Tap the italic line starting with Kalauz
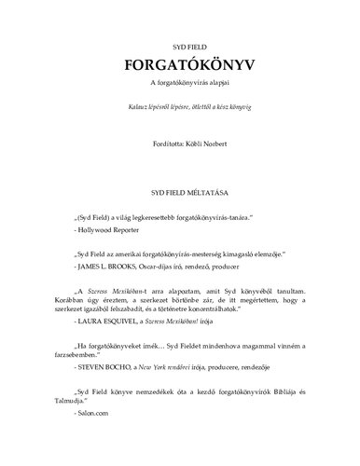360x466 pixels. click(180, 109)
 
